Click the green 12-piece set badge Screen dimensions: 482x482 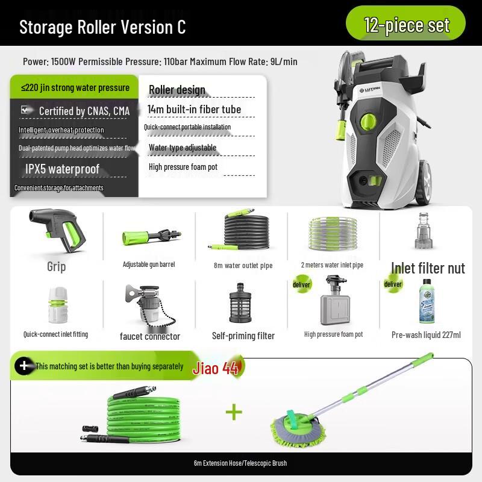[x=406, y=25]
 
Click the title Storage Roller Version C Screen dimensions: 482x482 [x=102, y=27]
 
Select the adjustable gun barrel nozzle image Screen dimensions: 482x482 [x=149, y=237]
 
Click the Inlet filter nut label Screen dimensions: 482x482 [x=428, y=268]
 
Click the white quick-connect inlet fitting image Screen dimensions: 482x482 [x=55, y=304]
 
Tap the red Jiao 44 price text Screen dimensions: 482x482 [x=216, y=368]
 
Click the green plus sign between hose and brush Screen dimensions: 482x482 [x=234, y=412]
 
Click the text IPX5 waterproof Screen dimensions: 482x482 [x=62, y=169]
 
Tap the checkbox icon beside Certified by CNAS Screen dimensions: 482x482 [x=25, y=110]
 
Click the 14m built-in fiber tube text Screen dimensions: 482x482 [x=194, y=110]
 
